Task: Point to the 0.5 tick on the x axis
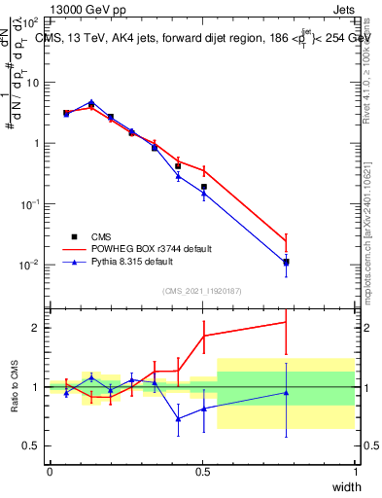coord(202,472)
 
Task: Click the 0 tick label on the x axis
coord(50,472)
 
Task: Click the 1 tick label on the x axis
coord(355,472)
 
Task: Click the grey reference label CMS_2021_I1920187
coord(202,291)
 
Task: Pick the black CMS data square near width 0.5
coord(204,187)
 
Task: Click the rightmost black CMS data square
coord(286,262)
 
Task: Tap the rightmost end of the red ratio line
coord(286,322)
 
